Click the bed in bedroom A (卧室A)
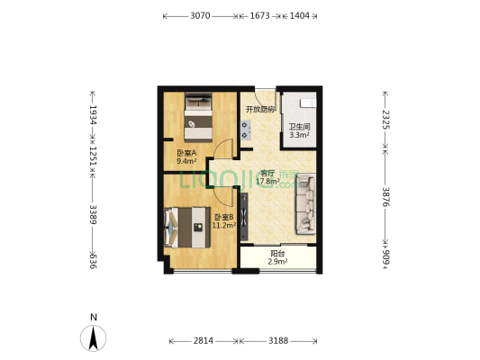199,117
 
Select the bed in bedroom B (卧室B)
186,227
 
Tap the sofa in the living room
306,202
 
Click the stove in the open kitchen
245,130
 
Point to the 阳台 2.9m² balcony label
278,257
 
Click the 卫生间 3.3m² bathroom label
299,131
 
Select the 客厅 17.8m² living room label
267,177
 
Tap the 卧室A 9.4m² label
186,157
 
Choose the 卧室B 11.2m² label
223,221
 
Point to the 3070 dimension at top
200,16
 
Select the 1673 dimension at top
259,16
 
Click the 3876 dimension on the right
385,195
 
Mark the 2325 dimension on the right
385,119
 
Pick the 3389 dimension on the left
91,213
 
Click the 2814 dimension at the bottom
204,341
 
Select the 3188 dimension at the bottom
278,341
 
